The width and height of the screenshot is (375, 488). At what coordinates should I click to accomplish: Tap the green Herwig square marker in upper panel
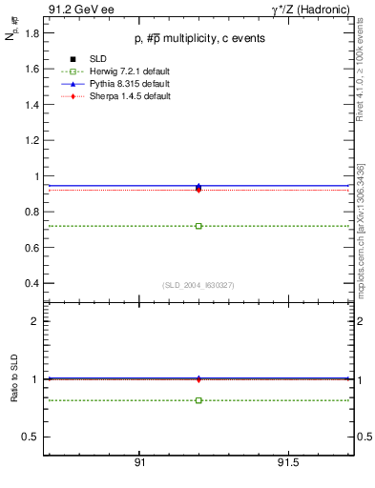pos(198,226)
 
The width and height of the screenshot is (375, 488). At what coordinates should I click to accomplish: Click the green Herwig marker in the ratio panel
pos(198,400)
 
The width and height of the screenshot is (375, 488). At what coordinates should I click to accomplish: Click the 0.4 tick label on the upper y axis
pos(31,284)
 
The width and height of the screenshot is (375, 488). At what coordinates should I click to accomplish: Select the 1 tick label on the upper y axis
pos(35,176)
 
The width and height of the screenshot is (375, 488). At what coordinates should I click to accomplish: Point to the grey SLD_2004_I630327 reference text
pos(198,286)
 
